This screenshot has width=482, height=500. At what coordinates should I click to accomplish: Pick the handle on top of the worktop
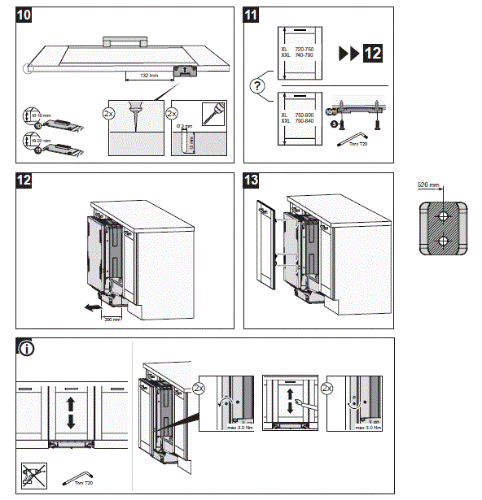click(125, 38)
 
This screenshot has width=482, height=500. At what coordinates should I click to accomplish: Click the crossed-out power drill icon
click(32, 475)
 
